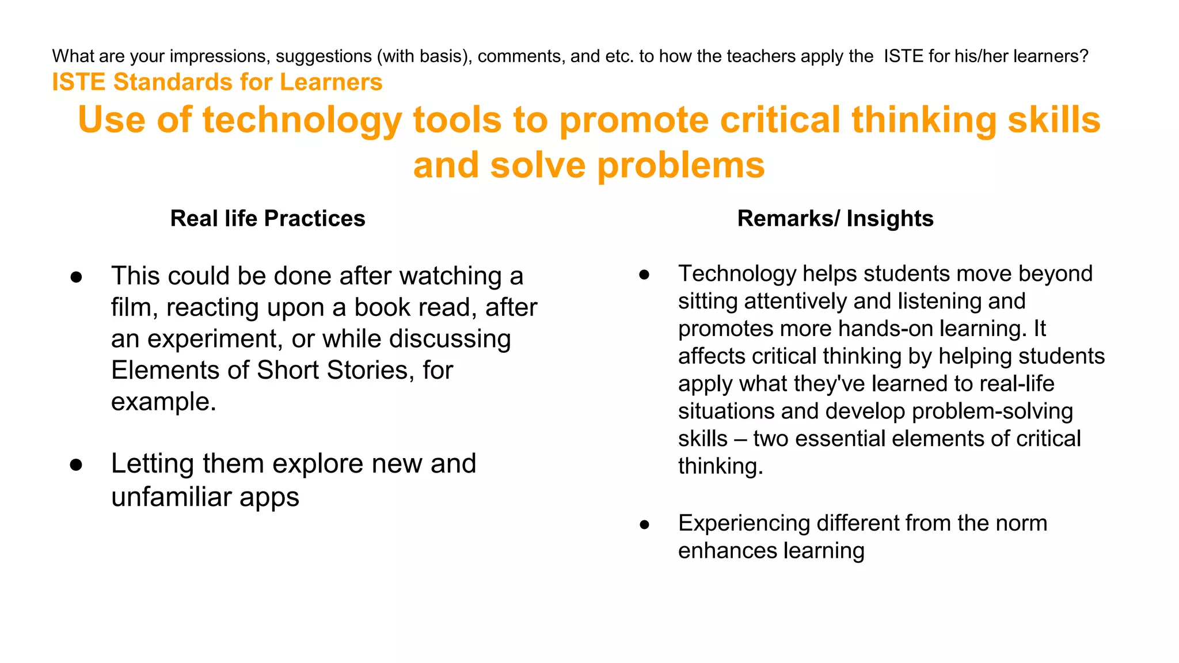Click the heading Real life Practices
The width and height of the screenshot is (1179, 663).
click(x=268, y=219)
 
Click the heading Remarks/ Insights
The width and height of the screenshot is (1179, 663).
click(x=835, y=219)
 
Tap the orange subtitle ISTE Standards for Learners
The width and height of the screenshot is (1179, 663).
click(x=217, y=82)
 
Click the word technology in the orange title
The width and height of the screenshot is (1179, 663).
click(x=302, y=120)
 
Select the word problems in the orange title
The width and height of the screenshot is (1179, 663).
click(x=680, y=165)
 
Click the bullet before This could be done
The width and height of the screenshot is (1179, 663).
click(x=76, y=277)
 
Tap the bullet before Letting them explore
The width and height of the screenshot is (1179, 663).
click(x=76, y=465)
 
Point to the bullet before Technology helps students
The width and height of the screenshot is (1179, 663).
click(x=644, y=275)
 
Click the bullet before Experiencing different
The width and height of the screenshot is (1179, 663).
click(x=644, y=524)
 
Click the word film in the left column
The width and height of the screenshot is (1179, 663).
click(x=131, y=307)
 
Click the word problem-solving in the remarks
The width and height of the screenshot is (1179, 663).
click(x=992, y=411)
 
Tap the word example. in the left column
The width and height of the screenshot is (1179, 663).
click(x=163, y=402)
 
